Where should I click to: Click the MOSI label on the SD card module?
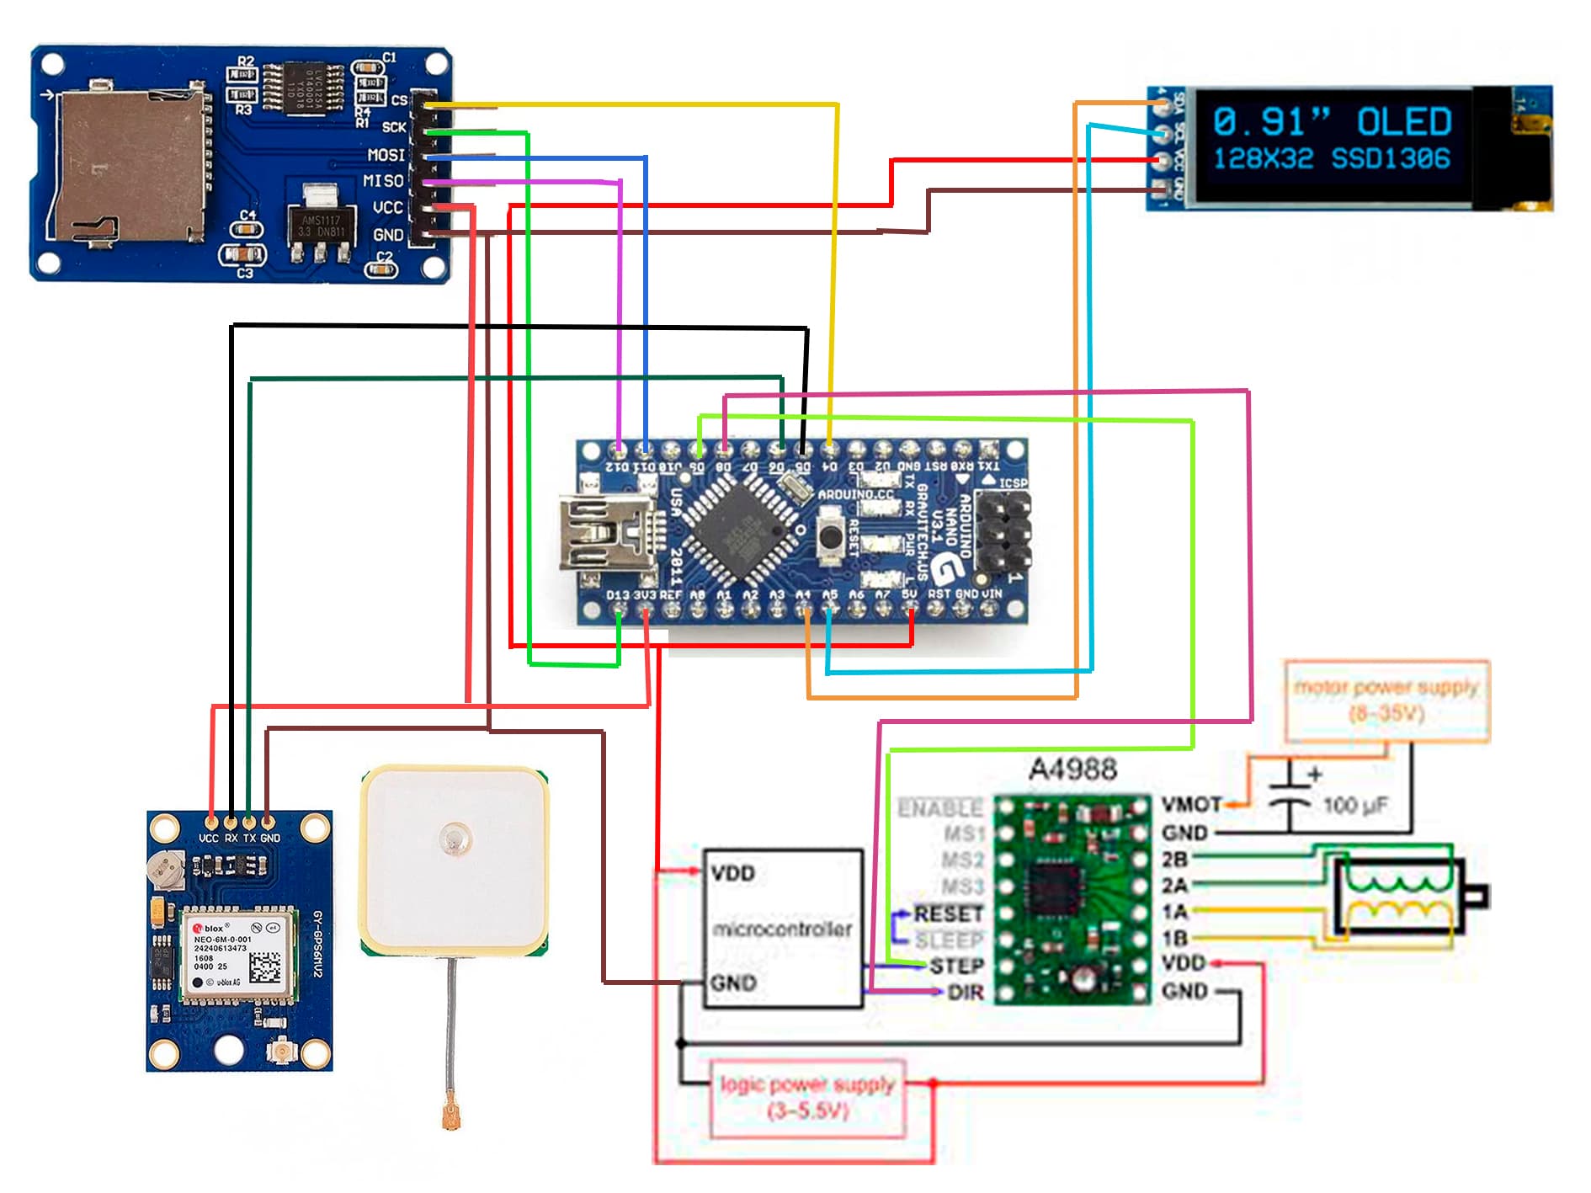386,155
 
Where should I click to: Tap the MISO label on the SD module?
383,181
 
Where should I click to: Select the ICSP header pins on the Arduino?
1003,530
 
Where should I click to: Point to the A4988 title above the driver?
1072,769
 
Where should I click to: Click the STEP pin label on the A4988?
956,966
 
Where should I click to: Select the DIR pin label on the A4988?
965,993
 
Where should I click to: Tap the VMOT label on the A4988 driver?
1190,806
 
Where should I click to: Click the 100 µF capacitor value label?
1354,806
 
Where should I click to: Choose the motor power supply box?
1386,700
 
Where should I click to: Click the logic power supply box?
807,1097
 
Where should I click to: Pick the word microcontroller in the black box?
782,929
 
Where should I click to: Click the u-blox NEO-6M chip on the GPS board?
239,956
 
